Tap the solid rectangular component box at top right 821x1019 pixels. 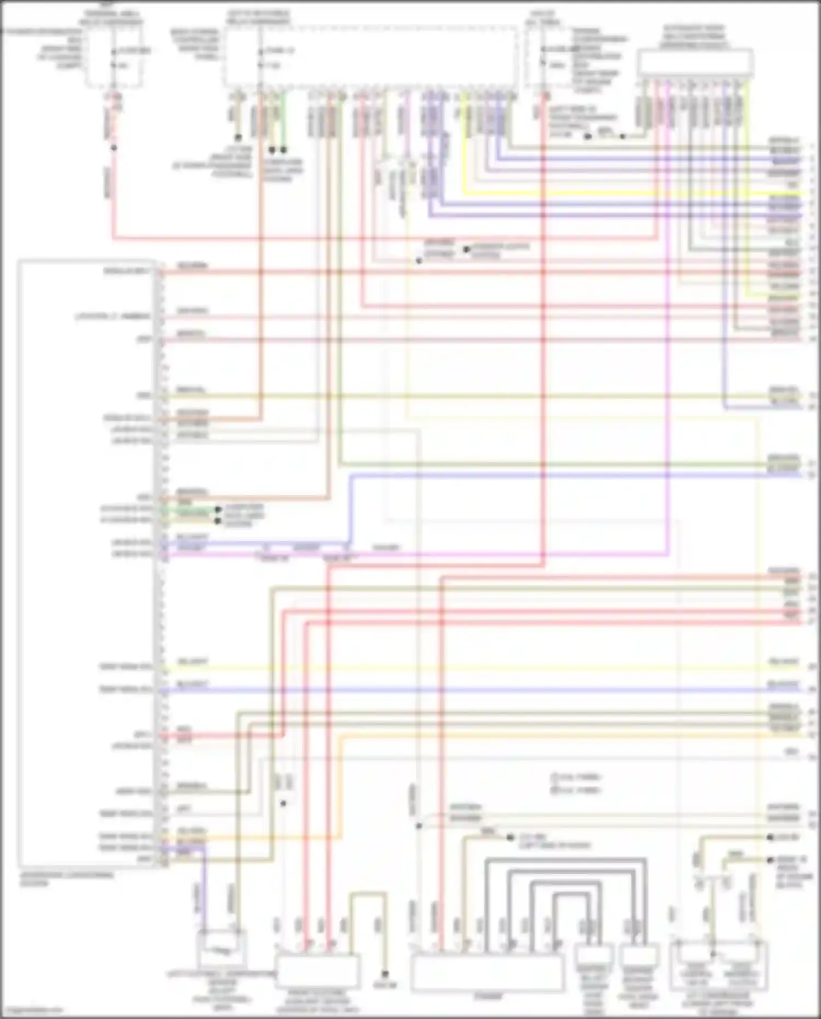click(x=695, y=62)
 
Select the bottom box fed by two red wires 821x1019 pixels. click(x=317, y=970)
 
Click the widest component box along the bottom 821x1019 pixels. click(x=487, y=972)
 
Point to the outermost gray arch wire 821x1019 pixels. click(x=564, y=860)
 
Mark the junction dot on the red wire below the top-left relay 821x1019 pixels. click(x=114, y=148)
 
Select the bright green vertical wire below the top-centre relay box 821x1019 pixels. click(x=284, y=120)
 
